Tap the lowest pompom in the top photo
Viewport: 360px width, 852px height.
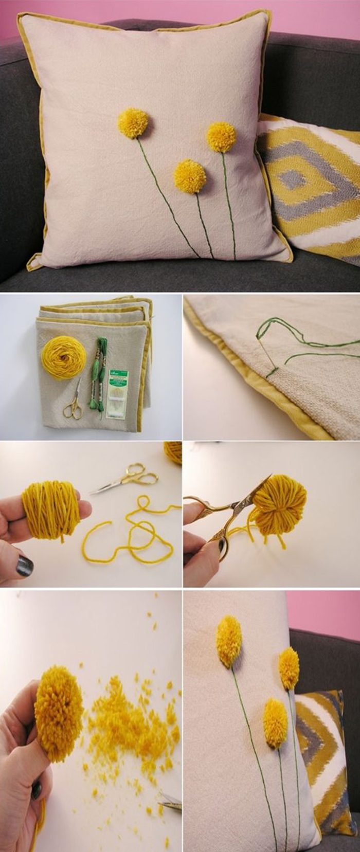click(190, 176)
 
